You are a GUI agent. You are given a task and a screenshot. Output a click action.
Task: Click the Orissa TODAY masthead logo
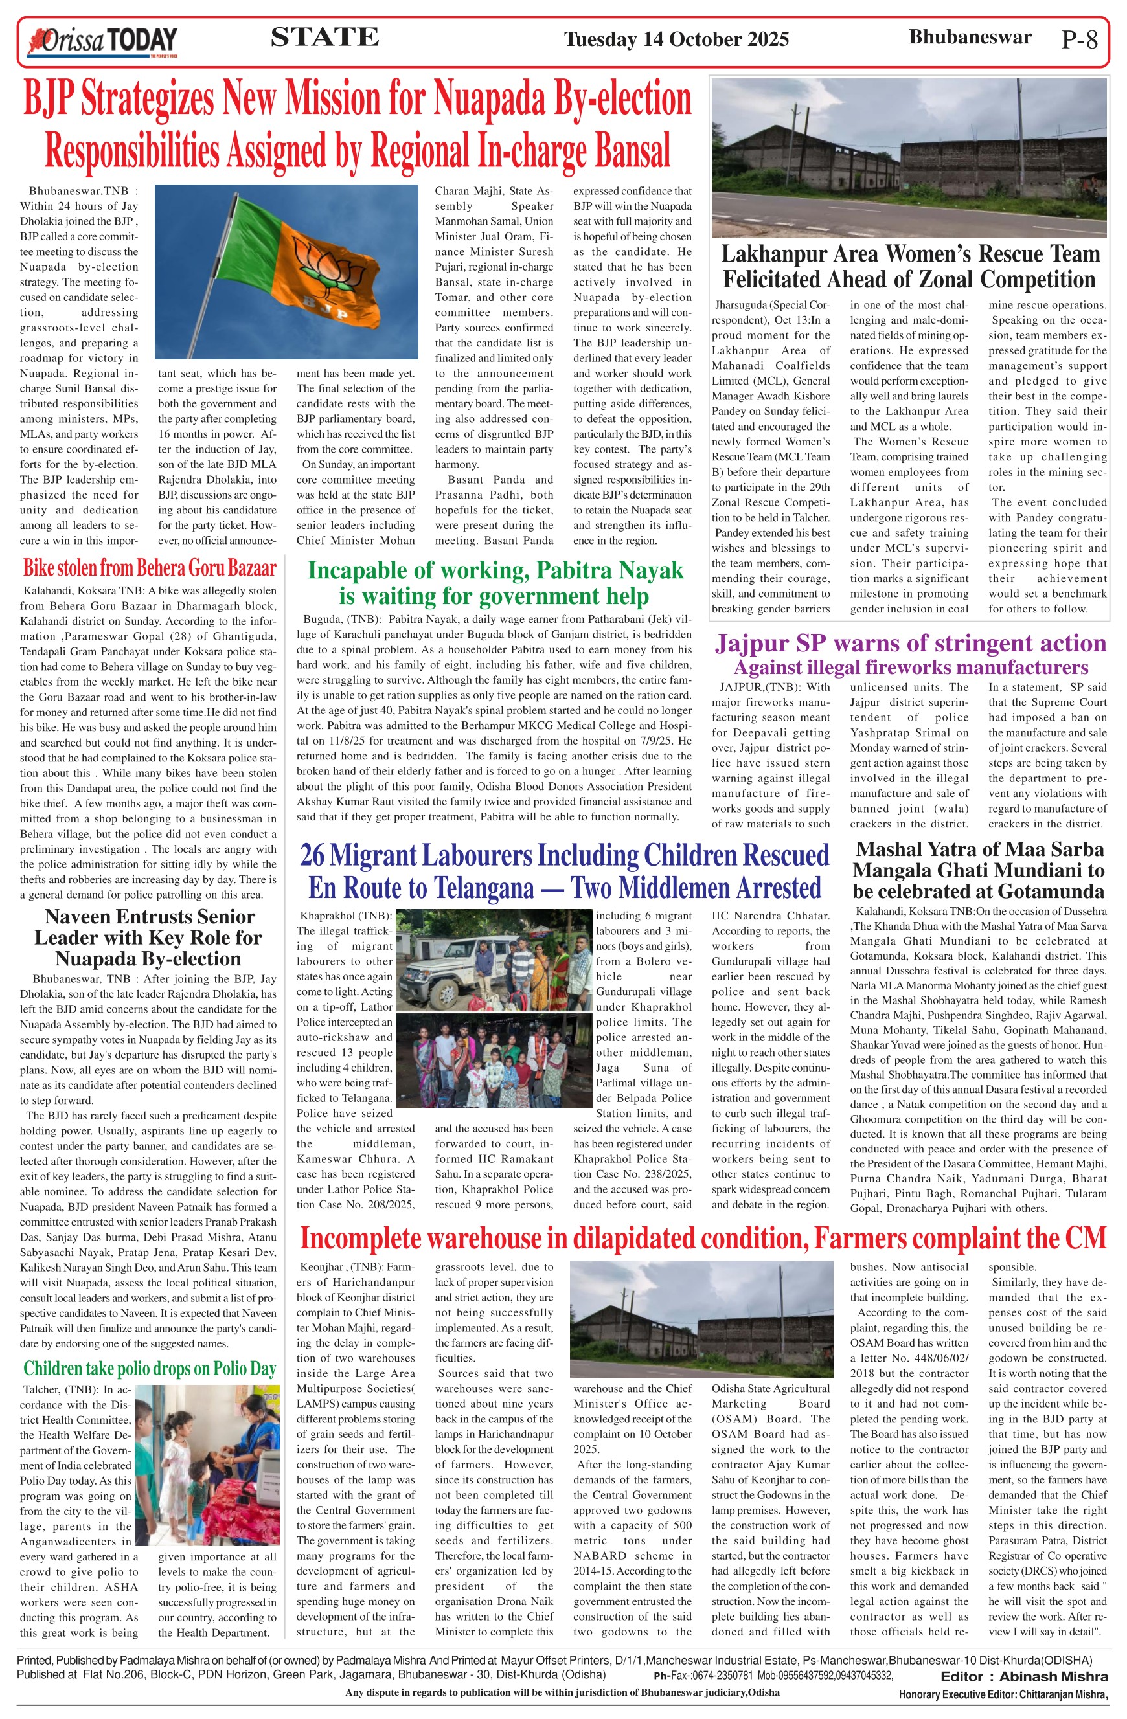click(x=102, y=41)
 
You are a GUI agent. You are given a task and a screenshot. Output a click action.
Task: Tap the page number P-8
click(x=1079, y=39)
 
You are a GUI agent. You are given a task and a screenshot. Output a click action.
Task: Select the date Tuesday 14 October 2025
click(x=676, y=39)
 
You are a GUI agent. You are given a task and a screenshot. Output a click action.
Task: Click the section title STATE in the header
click(x=324, y=37)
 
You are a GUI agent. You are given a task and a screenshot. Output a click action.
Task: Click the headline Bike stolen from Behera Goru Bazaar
click(x=150, y=567)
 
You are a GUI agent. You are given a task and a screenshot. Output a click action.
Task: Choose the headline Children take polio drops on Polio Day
click(x=150, y=1369)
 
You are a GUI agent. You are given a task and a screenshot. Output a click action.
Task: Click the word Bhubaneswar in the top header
click(x=970, y=38)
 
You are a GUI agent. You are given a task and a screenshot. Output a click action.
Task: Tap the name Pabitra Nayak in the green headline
click(x=608, y=570)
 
